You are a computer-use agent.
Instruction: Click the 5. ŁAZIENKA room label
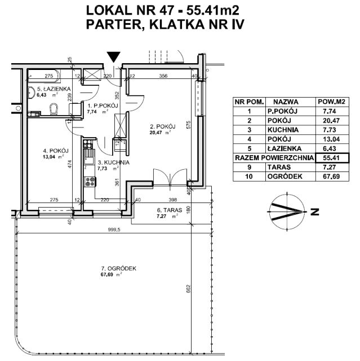[x=49, y=89]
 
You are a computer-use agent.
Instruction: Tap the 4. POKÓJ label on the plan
[x=55, y=151]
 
